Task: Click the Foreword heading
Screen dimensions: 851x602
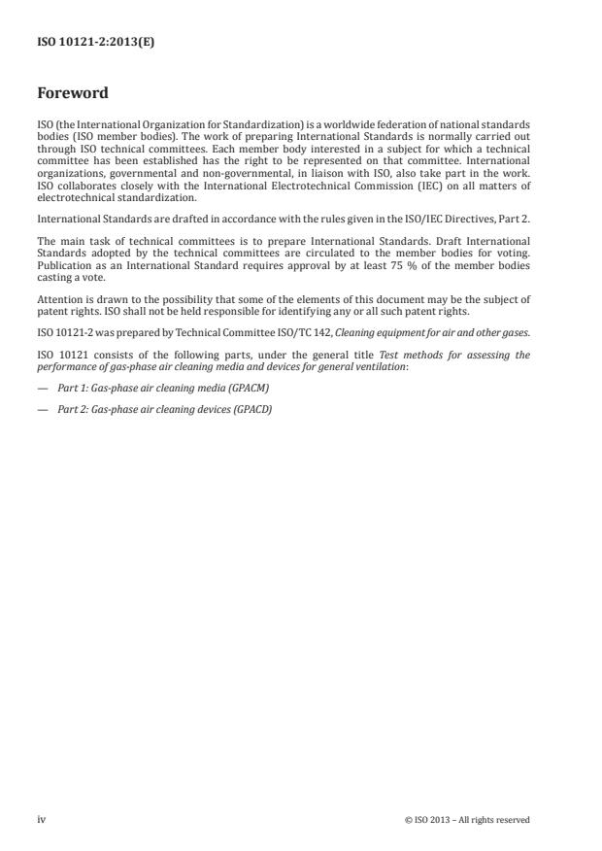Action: (72, 94)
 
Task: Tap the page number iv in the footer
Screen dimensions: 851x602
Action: (42, 819)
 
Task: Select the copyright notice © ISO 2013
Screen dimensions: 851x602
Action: (467, 820)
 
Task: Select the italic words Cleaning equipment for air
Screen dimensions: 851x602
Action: (388, 333)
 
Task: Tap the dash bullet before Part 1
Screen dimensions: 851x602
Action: (43, 388)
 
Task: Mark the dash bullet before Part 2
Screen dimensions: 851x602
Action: (43, 409)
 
